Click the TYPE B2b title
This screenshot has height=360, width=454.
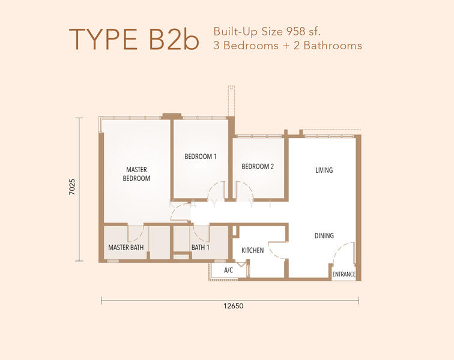[x=134, y=39]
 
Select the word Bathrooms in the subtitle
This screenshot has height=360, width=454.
[x=333, y=46]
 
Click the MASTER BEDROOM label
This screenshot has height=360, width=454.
[x=136, y=173]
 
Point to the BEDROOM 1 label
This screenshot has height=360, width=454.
[x=201, y=157]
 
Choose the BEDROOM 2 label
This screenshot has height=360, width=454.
[x=258, y=166]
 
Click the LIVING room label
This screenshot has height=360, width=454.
[x=324, y=170]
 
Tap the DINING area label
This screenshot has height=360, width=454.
[x=324, y=236]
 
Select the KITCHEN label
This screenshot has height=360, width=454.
[x=252, y=250]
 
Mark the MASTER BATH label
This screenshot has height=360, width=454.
[x=126, y=247]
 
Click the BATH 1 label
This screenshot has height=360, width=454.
[x=201, y=247]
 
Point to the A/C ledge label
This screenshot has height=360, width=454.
[x=228, y=270]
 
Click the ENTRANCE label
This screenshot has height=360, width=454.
[x=344, y=274]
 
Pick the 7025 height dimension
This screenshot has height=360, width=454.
[x=72, y=187]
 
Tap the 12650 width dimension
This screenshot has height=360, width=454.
[x=234, y=305]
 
